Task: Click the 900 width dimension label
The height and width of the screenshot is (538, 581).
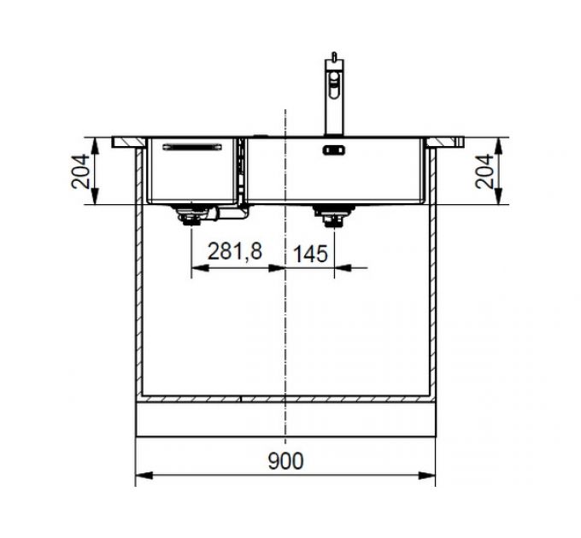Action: click(285, 461)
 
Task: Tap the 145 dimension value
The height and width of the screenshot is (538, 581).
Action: click(312, 253)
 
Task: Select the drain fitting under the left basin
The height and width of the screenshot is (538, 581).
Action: click(190, 217)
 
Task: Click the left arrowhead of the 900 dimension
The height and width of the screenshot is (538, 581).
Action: click(142, 475)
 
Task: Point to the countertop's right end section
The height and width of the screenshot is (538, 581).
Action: click(449, 141)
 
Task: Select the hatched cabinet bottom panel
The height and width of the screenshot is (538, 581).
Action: click(285, 399)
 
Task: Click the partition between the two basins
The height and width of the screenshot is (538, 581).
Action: click(242, 171)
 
